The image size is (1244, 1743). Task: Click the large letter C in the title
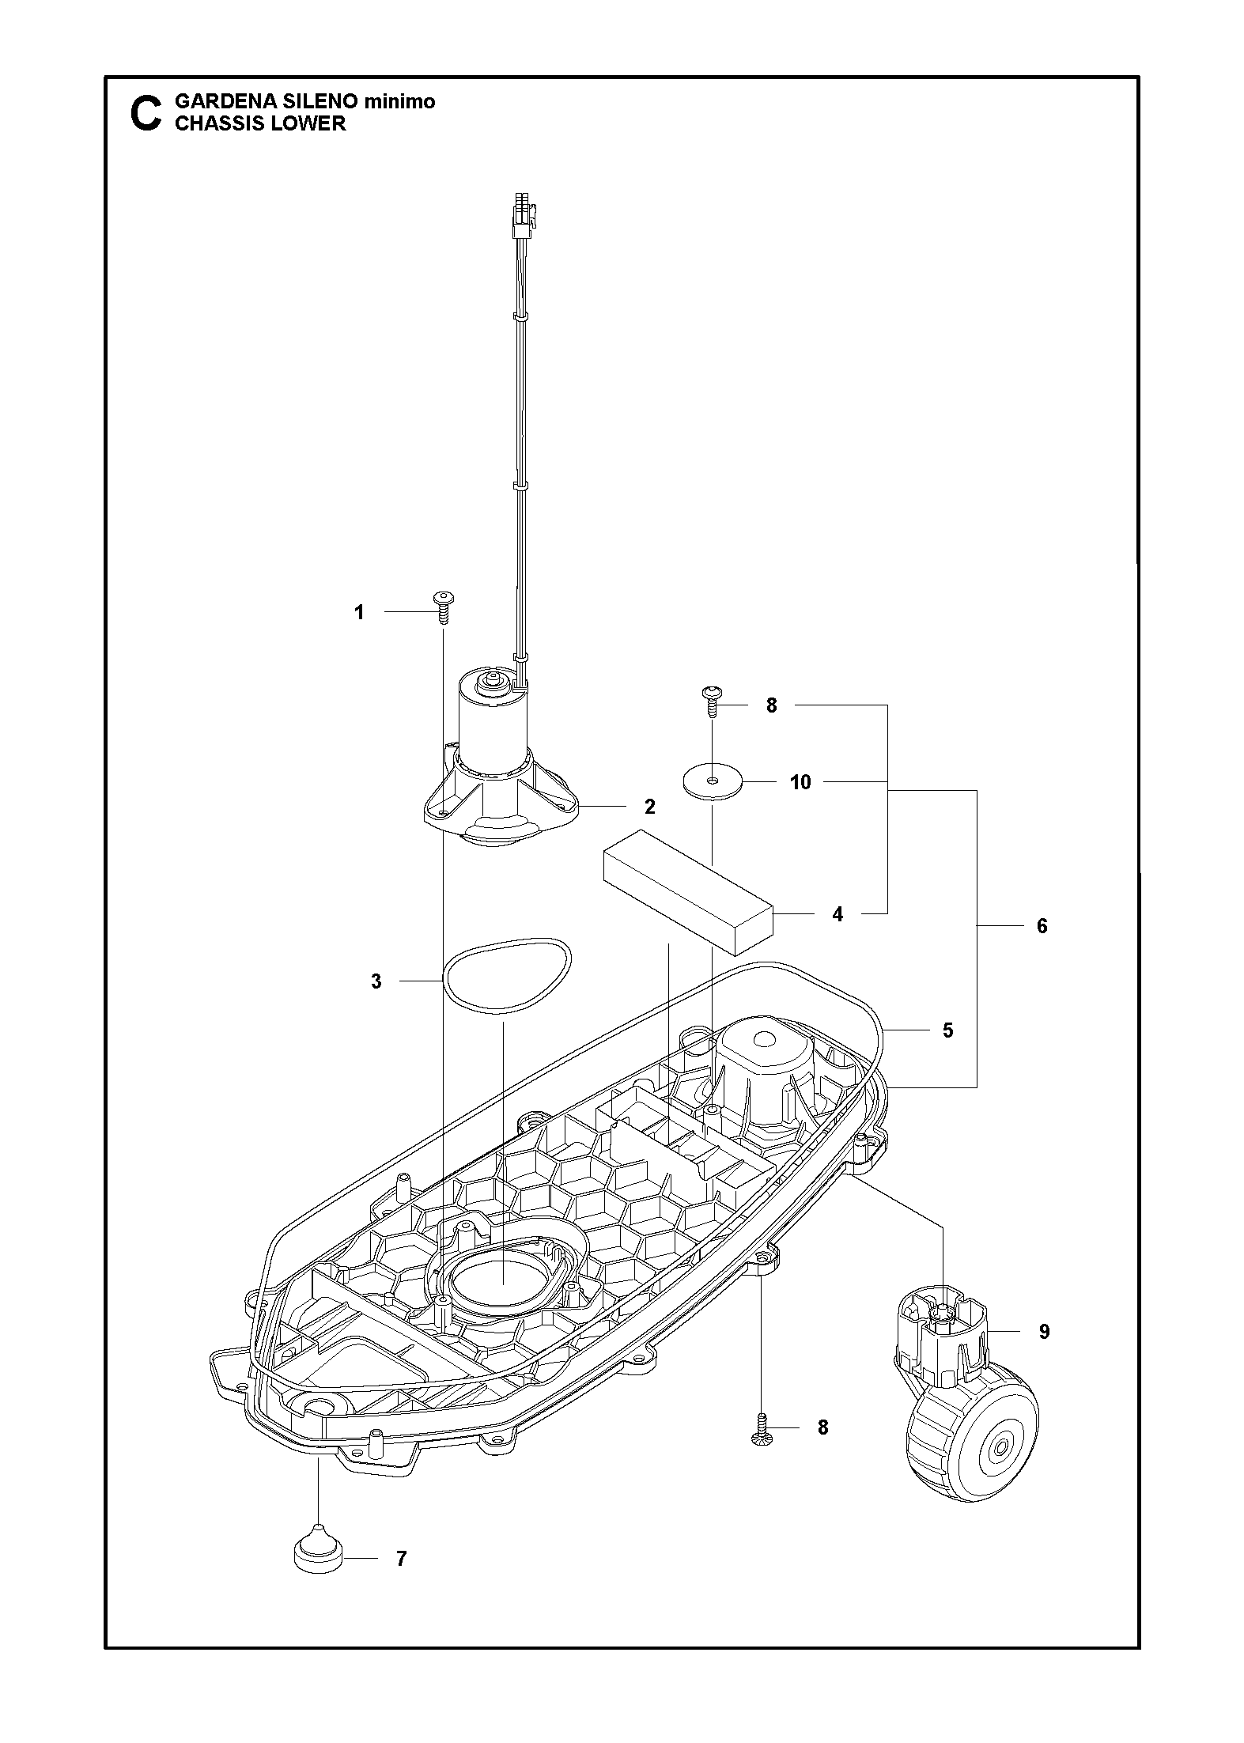click(x=144, y=113)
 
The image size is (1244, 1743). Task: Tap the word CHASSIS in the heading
click(x=213, y=123)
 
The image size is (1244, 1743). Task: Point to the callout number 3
click(x=376, y=981)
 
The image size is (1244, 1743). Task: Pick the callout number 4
click(x=838, y=914)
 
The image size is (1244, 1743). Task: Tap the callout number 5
click(x=948, y=1030)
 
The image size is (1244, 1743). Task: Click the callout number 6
click(x=1042, y=925)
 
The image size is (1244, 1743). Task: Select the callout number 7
click(x=402, y=1559)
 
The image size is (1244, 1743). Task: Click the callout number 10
click(x=800, y=782)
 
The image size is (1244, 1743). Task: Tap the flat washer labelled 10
click(x=713, y=781)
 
